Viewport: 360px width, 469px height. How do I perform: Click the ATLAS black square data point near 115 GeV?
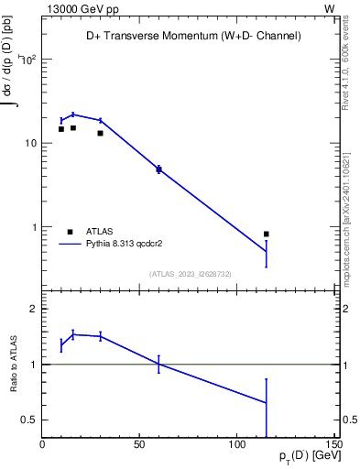click(266, 234)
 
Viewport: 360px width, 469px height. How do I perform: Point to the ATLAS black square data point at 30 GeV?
click(100, 133)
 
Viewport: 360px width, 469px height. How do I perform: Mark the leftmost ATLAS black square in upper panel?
click(61, 129)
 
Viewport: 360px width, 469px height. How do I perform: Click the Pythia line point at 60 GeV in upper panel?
click(158, 169)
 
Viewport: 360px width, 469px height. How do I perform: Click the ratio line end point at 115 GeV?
click(266, 402)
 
